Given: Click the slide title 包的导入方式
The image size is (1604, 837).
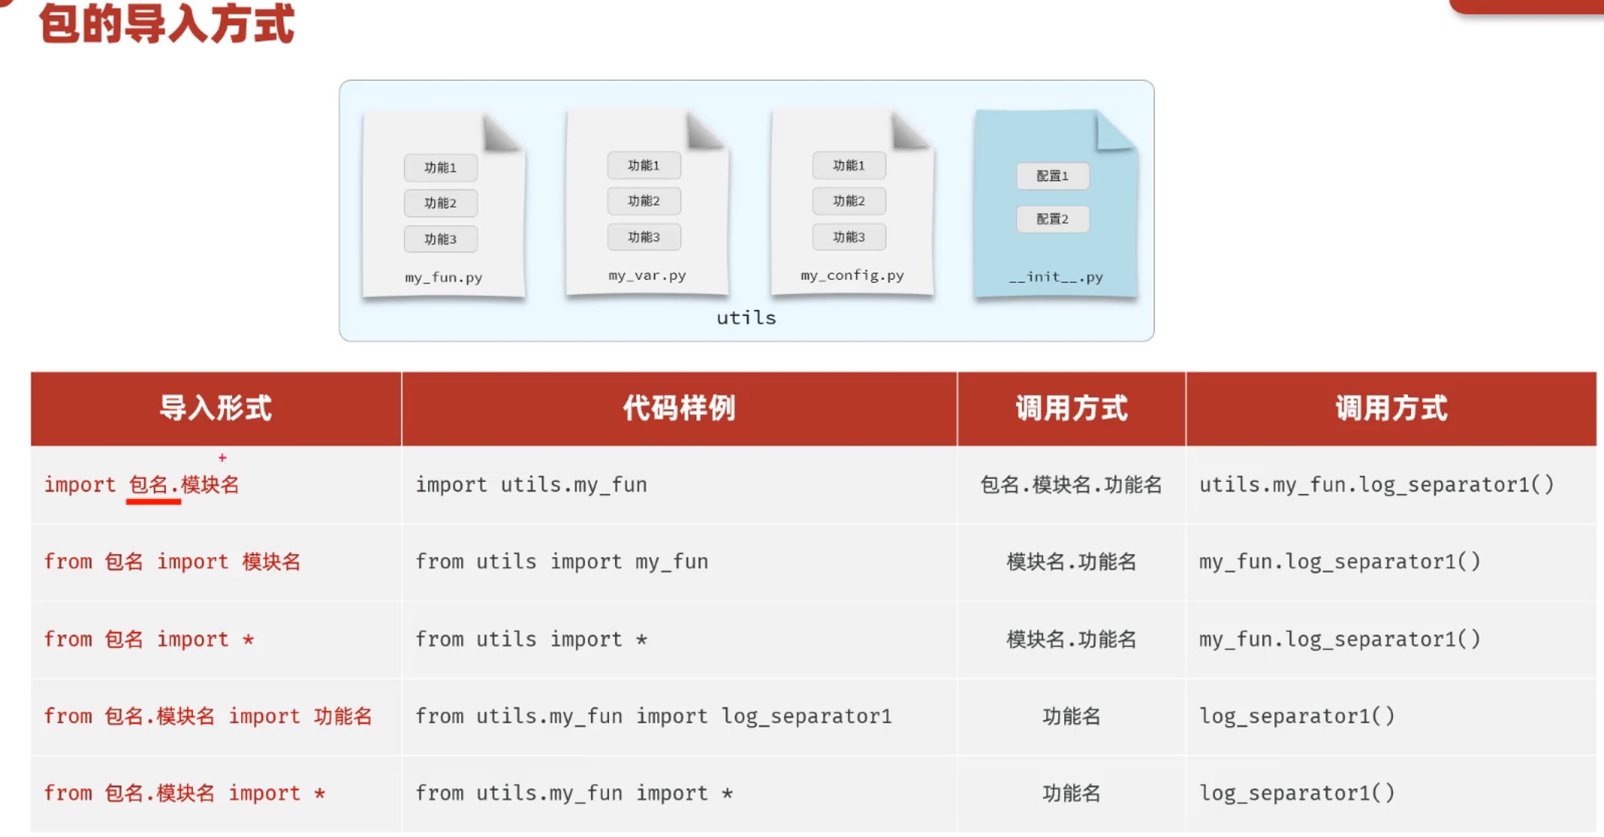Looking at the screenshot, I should pyautogui.click(x=167, y=24).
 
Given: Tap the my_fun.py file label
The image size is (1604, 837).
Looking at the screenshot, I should pyautogui.click(x=443, y=277).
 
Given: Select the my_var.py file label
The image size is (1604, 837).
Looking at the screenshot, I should pyautogui.click(x=647, y=275).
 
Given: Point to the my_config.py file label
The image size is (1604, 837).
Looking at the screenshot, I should pyautogui.click(x=852, y=275).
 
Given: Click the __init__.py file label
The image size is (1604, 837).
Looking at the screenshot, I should pyautogui.click(x=1055, y=277).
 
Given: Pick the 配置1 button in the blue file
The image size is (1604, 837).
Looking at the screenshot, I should pyautogui.click(x=1052, y=176).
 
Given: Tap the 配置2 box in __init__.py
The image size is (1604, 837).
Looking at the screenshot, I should pyautogui.click(x=1052, y=219).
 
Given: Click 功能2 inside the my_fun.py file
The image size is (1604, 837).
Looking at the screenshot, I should pyautogui.click(x=440, y=203).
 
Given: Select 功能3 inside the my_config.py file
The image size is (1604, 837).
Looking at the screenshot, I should pyautogui.click(x=849, y=237).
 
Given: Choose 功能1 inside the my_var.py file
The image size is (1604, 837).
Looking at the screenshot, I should pyautogui.click(x=644, y=165).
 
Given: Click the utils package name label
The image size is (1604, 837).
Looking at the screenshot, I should pyautogui.click(x=745, y=317).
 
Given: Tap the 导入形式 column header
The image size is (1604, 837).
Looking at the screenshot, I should pyautogui.click(x=216, y=408).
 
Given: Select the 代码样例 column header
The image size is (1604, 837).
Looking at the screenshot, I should pyautogui.click(x=678, y=408).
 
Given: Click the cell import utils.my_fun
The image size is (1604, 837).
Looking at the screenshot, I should pyautogui.click(x=531, y=485).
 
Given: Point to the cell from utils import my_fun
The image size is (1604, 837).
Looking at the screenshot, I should pyautogui.click(x=562, y=562).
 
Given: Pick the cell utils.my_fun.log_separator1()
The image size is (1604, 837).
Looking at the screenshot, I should pyautogui.click(x=1376, y=485).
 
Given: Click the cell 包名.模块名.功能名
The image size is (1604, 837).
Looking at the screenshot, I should pyautogui.click(x=1070, y=485).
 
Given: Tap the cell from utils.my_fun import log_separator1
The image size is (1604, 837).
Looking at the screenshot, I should pyautogui.click(x=653, y=716).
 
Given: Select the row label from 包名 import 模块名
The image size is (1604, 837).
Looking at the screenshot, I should pyautogui.click(x=172, y=562).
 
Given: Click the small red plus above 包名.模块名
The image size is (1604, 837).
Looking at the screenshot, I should pyautogui.click(x=222, y=458).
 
